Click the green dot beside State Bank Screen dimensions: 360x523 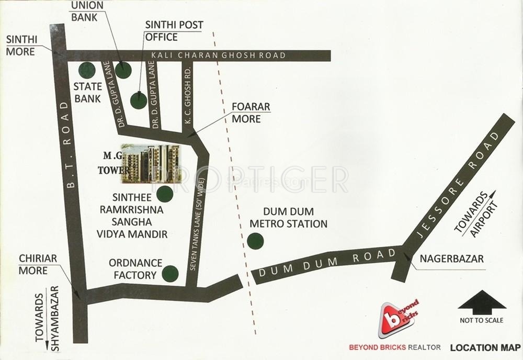coord(86,70)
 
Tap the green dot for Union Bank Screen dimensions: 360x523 coord(123,70)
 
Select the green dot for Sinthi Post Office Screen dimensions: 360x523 coord(138,100)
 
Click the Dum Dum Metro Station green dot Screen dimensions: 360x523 coord(255,242)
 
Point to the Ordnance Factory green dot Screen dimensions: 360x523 coord(170,273)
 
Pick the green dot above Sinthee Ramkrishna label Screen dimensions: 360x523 coord(165,194)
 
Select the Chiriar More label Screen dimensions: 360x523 coord(33,265)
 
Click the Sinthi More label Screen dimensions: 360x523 coord(20,46)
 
